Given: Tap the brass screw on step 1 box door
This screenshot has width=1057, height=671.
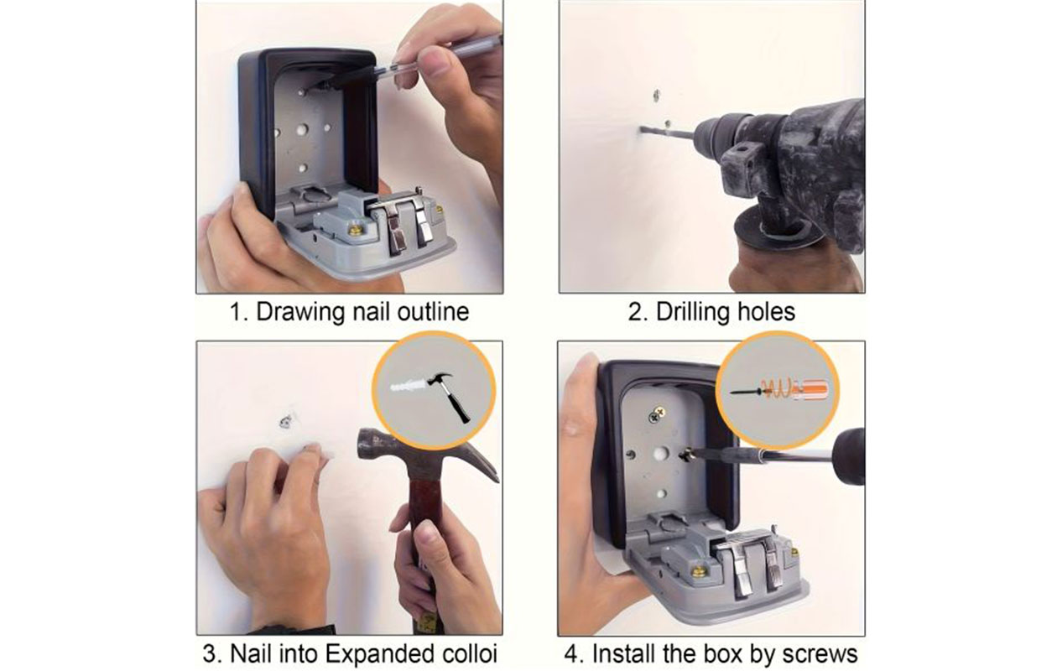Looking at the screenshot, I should [356, 228].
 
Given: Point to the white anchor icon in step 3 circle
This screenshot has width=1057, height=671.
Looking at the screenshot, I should [409, 388].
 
